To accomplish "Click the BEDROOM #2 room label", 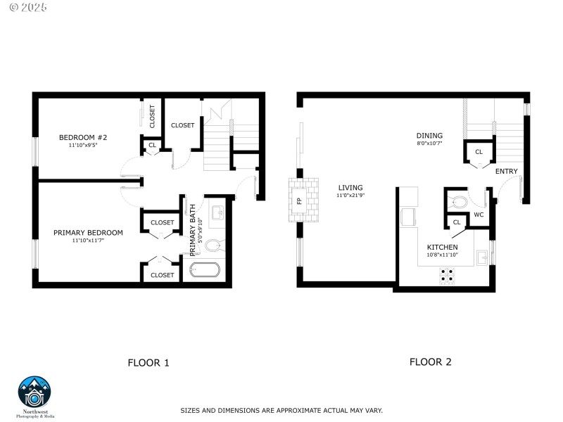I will pos(82,137).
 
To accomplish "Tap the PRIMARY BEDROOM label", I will pos(88,232).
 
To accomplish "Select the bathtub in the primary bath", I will pos(205,270).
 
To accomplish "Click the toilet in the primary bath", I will pos(214,245).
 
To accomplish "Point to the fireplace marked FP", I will pos(299,200).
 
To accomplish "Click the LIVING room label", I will pos(350,188).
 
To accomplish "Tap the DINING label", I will pos(429,136).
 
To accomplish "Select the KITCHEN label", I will pos(442,248).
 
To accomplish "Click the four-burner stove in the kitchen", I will pos(447,275).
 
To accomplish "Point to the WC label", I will pos(478,215).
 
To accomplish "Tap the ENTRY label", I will pos(506,172).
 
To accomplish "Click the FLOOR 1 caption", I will pos(148,363).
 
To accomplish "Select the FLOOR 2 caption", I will pos(430,362).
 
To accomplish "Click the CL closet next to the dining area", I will pos(479,152).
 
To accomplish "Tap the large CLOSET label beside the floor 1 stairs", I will pos(182,125).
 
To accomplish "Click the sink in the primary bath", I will pos(217,212).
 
